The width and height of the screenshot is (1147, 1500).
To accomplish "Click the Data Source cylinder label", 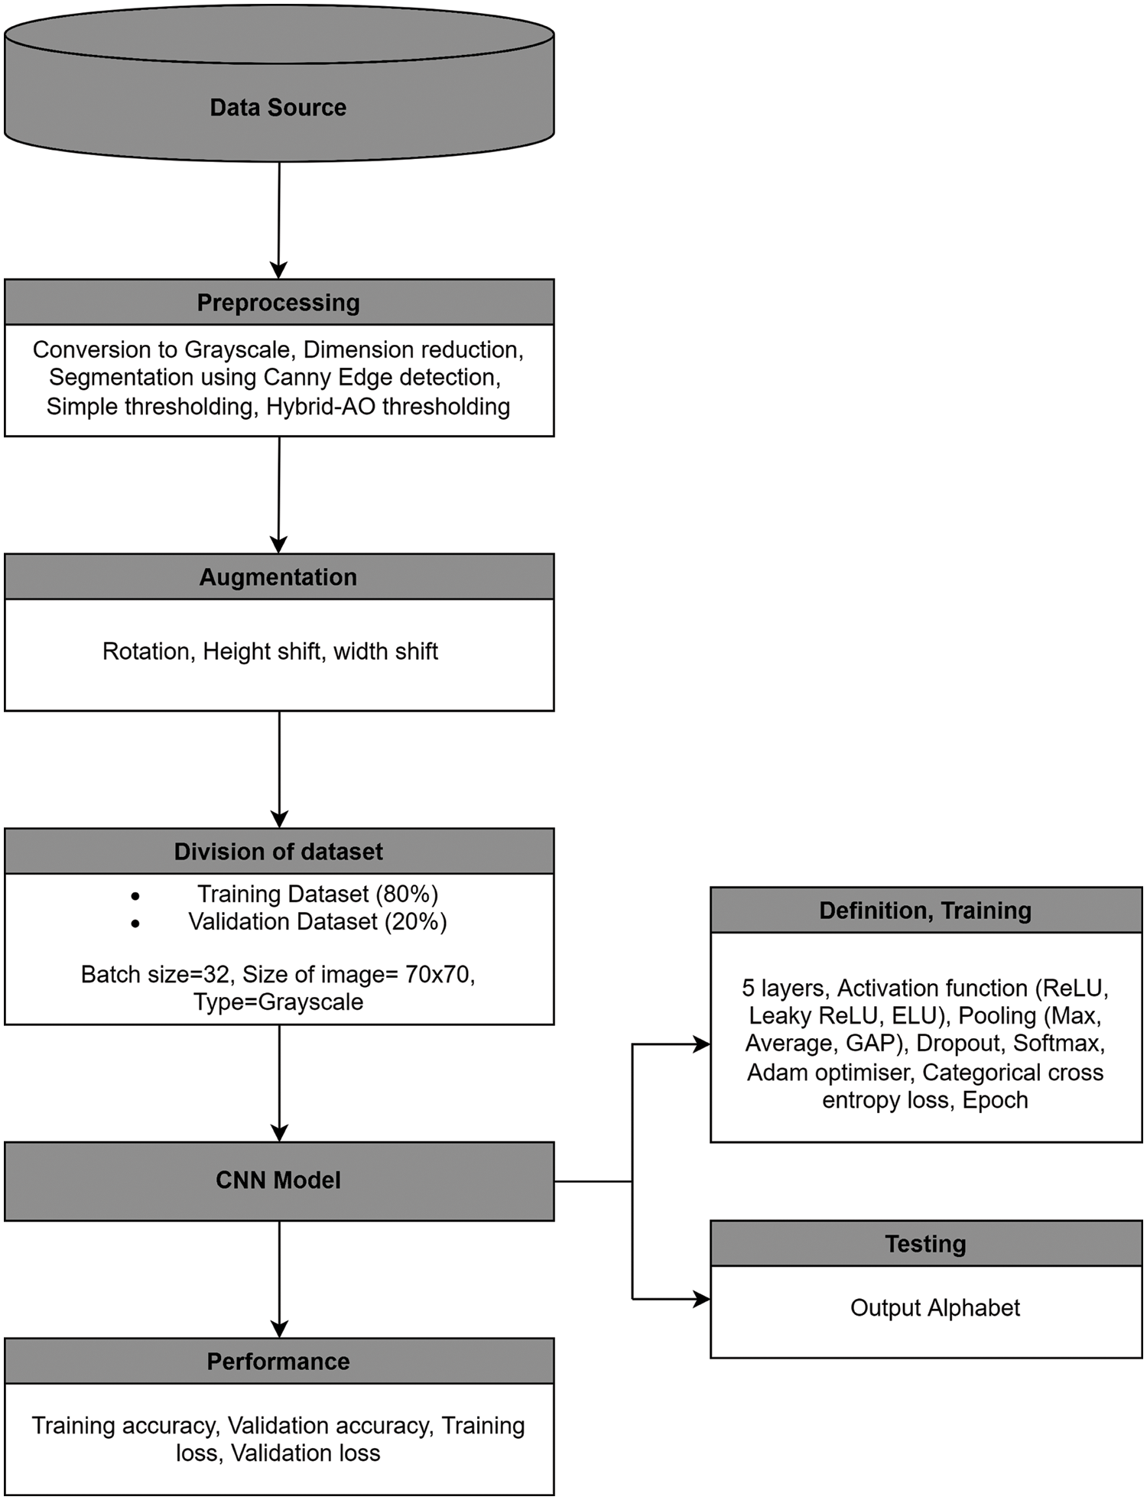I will (x=278, y=107).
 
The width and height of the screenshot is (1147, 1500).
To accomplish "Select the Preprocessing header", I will (x=278, y=303).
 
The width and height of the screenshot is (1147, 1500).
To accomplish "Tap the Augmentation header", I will (x=278, y=577).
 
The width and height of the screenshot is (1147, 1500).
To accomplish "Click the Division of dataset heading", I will (x=278, y=852).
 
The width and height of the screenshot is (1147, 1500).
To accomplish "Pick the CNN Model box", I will (x=278, y=1180).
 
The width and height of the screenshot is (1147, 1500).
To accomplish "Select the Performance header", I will (x=278, y=1362).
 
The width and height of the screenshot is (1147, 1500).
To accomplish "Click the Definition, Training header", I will (x=925, y=911).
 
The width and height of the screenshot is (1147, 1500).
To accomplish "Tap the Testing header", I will (x=925, y=1244).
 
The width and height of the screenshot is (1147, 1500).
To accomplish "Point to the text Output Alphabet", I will (x=934, y=1308).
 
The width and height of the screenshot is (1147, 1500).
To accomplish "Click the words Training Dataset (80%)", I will (x=317, y=894).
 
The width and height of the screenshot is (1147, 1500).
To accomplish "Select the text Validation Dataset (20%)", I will (x=317, y=922).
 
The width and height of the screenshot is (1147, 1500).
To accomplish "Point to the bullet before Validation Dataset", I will (x=135, y=924).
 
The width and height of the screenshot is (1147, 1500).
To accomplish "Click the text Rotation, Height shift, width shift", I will (x=270, y=651).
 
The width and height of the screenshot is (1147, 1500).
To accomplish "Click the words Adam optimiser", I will (x=830, y=1073).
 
